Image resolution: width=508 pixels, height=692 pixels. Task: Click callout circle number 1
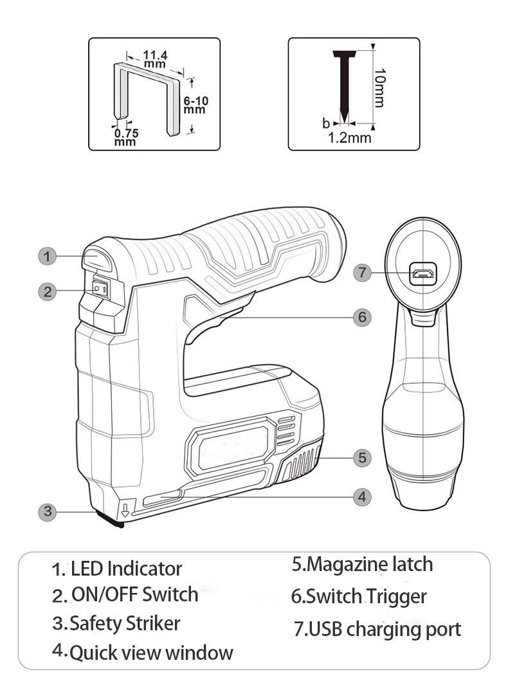click(x=46, y=256)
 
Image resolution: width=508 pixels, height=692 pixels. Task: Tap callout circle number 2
click(x=46, y=291)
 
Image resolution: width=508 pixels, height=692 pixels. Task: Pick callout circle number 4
click(x=362, y=496)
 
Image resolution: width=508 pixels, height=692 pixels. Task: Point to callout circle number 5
click(x=362, y=457)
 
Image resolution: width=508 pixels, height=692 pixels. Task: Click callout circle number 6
click(x=362, y=316)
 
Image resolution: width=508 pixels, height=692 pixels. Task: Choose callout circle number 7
click(x=363, y=273)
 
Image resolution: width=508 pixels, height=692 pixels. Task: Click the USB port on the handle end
click(x=423, y=274)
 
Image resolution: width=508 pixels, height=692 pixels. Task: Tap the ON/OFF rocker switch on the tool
click(x=100, y=289)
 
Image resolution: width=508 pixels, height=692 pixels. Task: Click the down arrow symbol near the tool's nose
click(x=125, y=511)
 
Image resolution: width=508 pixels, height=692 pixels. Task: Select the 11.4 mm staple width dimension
click(x=155, y=59)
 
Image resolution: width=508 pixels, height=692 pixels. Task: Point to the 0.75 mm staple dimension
click(x=126, y=137)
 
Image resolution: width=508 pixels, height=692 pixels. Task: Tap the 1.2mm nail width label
click(x=350, y=137)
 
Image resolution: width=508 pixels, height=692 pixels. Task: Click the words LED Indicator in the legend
click(x=126, y=569)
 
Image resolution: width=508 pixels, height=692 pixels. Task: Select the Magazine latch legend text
click(x=362, y=564)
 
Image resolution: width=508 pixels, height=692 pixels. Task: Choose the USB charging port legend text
click(x=377, y=628)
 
